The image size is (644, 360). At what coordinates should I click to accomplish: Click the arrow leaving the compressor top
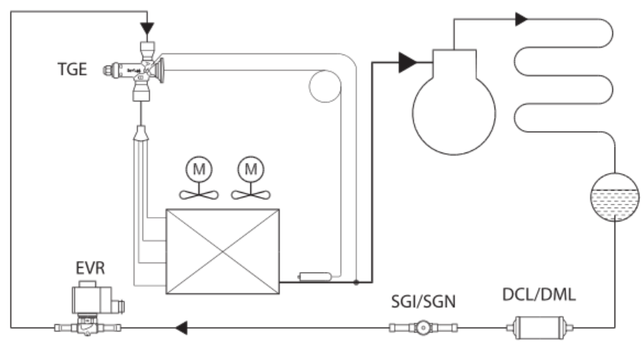point(522,19)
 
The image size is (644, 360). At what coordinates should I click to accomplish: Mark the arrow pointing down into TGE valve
point(147,29)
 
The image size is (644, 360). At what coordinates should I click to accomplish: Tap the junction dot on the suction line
point(356,282)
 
